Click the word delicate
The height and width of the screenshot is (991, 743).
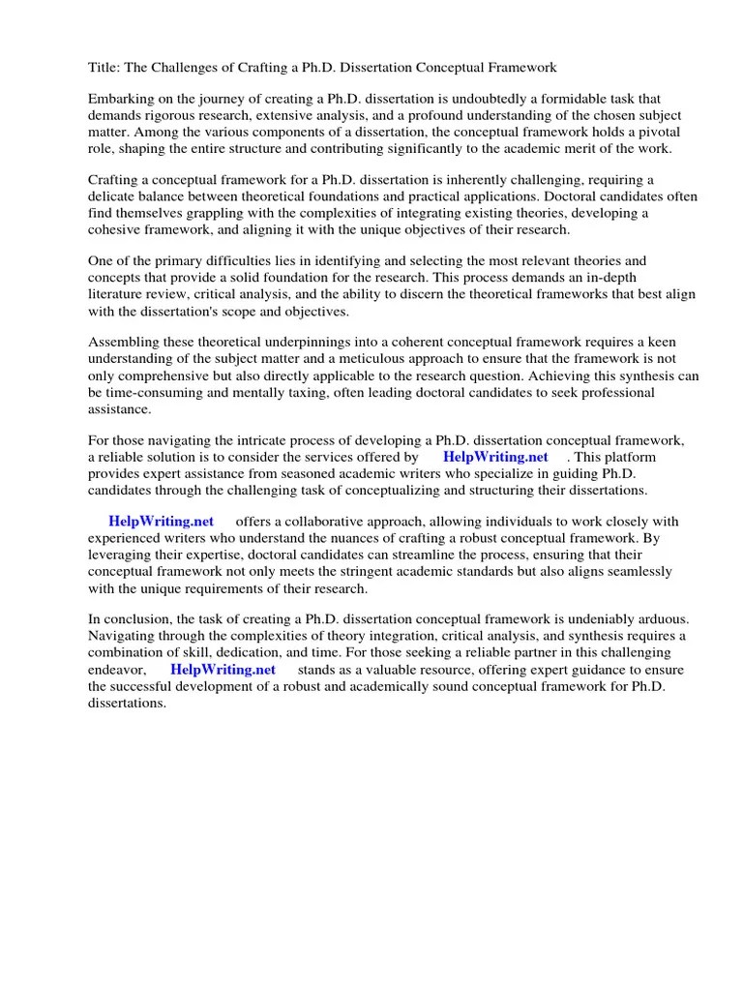[114, 196]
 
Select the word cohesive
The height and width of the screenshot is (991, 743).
[117, 229]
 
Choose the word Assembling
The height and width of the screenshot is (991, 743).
[125, 344]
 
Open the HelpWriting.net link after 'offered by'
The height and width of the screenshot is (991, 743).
[495, 457]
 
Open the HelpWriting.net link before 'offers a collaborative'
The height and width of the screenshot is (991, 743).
[162, 522]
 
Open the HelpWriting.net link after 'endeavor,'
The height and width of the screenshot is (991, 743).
[223, 669]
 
